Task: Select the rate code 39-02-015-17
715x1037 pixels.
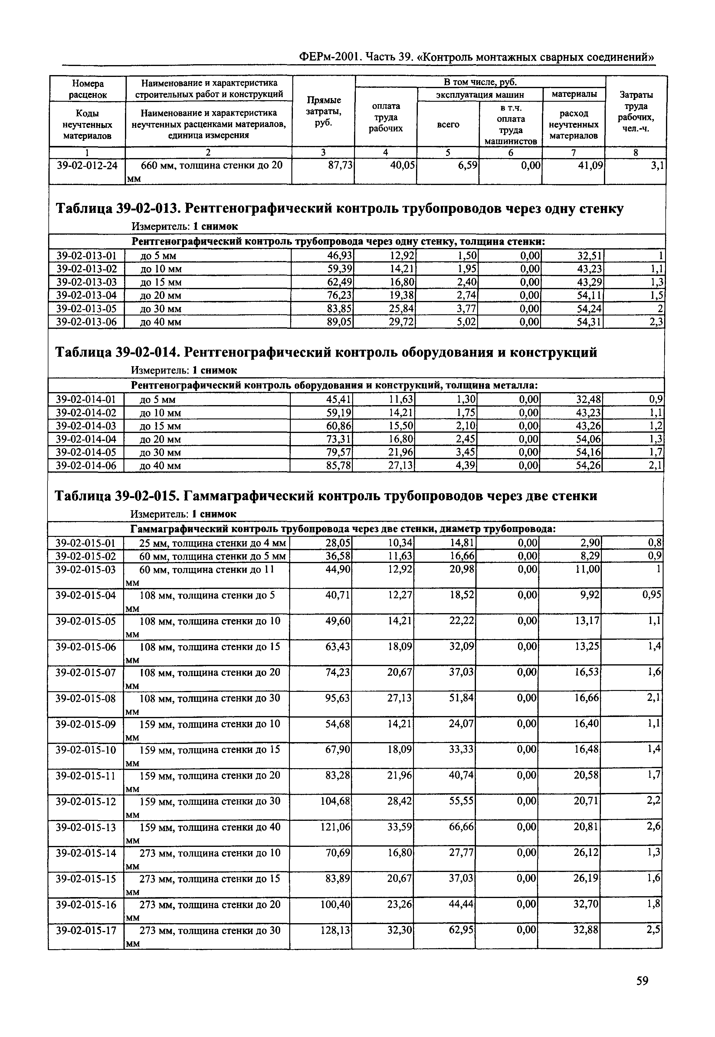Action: pos(86,930)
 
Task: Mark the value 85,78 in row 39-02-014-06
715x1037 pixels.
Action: pos(339,466)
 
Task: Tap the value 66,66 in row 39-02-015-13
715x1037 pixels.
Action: pos(461,826)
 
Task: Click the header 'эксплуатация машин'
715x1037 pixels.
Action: pos(480,94)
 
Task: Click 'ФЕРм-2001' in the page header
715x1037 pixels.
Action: pos(329,57)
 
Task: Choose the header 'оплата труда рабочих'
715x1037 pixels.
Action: pos(386,117)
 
